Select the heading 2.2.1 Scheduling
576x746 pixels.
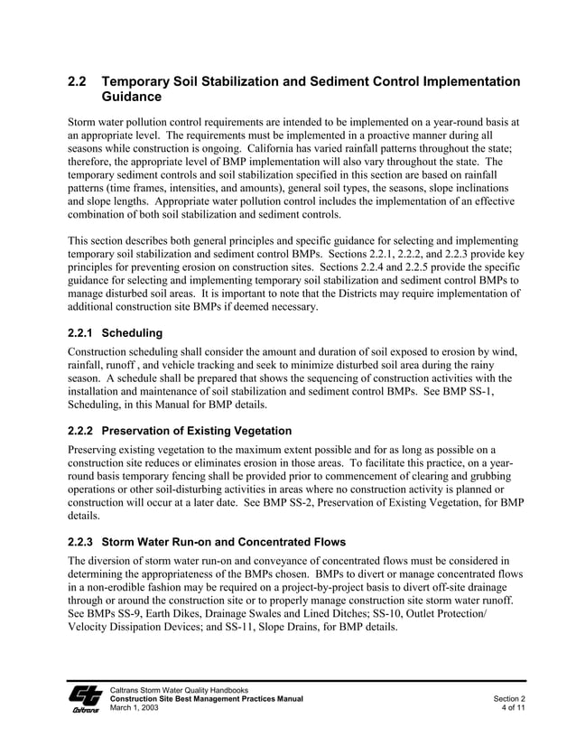tap(116, 332)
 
